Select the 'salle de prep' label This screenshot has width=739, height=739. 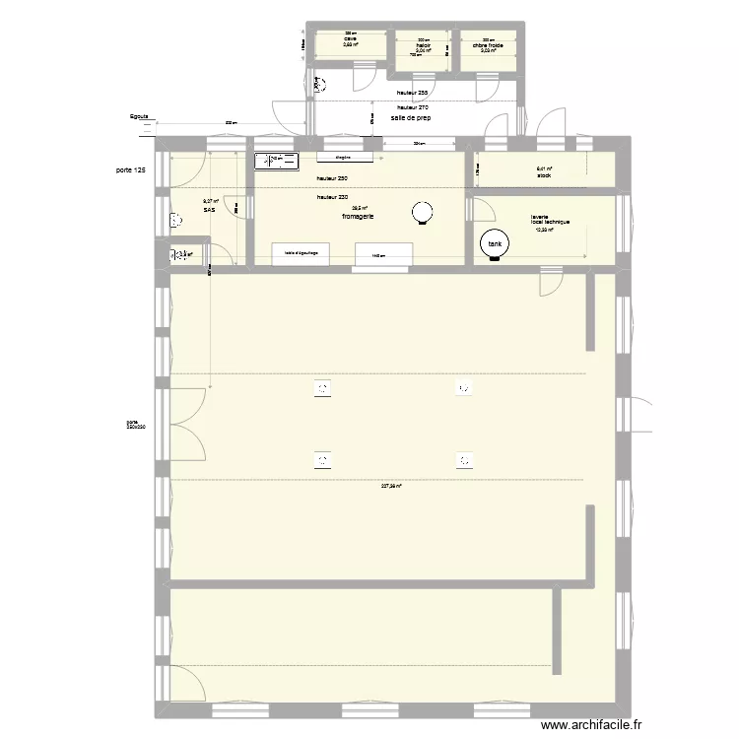tap(411, 118)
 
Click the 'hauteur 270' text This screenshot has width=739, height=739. tap(412, 106)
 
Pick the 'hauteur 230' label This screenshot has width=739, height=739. tap(332, 197)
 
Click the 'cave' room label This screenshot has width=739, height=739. tap(350, 39)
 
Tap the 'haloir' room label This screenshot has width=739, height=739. tap(424, 44)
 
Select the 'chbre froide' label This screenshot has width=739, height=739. tap(488, 44)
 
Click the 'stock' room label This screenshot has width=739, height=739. tap(543, 175)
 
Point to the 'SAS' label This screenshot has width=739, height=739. tap(209, 210)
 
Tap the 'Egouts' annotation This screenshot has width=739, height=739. tap(139, 116)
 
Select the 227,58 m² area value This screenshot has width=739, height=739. tap(393, 485)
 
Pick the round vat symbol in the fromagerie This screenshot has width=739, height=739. tap(423, 211)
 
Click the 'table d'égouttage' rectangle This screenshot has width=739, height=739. tap(302, 253)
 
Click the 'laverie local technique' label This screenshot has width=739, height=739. tap(550, 220)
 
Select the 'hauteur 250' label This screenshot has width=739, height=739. tap(332, 178)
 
